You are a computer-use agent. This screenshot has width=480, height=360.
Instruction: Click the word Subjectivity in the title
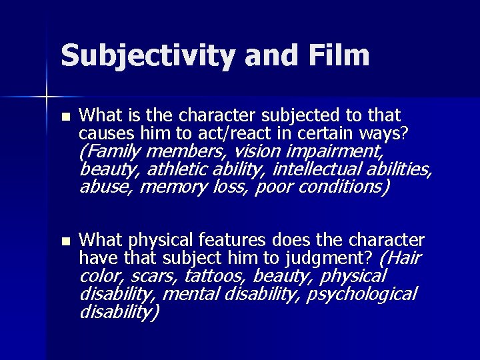click(x=146, y=55)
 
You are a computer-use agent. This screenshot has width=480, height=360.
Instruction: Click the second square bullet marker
click(x=64, y=240)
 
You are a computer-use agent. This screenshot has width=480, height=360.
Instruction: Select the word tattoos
click(x=214, y=275)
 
